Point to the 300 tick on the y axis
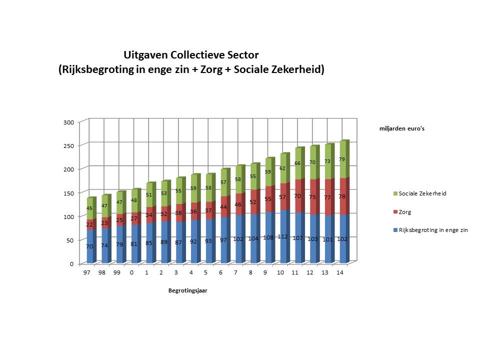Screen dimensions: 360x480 pos(69,122)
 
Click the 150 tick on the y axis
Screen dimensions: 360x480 pos(69,193)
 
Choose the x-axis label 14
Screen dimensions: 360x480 pos(340,272)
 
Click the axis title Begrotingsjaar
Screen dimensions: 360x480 pos(187,291)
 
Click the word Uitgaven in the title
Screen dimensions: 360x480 pos(146,54)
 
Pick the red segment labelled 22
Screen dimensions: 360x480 pos(90,224)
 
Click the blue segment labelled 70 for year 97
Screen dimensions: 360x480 pos(90,246)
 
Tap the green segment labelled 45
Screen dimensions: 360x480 pos(90,208)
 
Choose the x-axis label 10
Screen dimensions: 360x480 pos(280,272)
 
